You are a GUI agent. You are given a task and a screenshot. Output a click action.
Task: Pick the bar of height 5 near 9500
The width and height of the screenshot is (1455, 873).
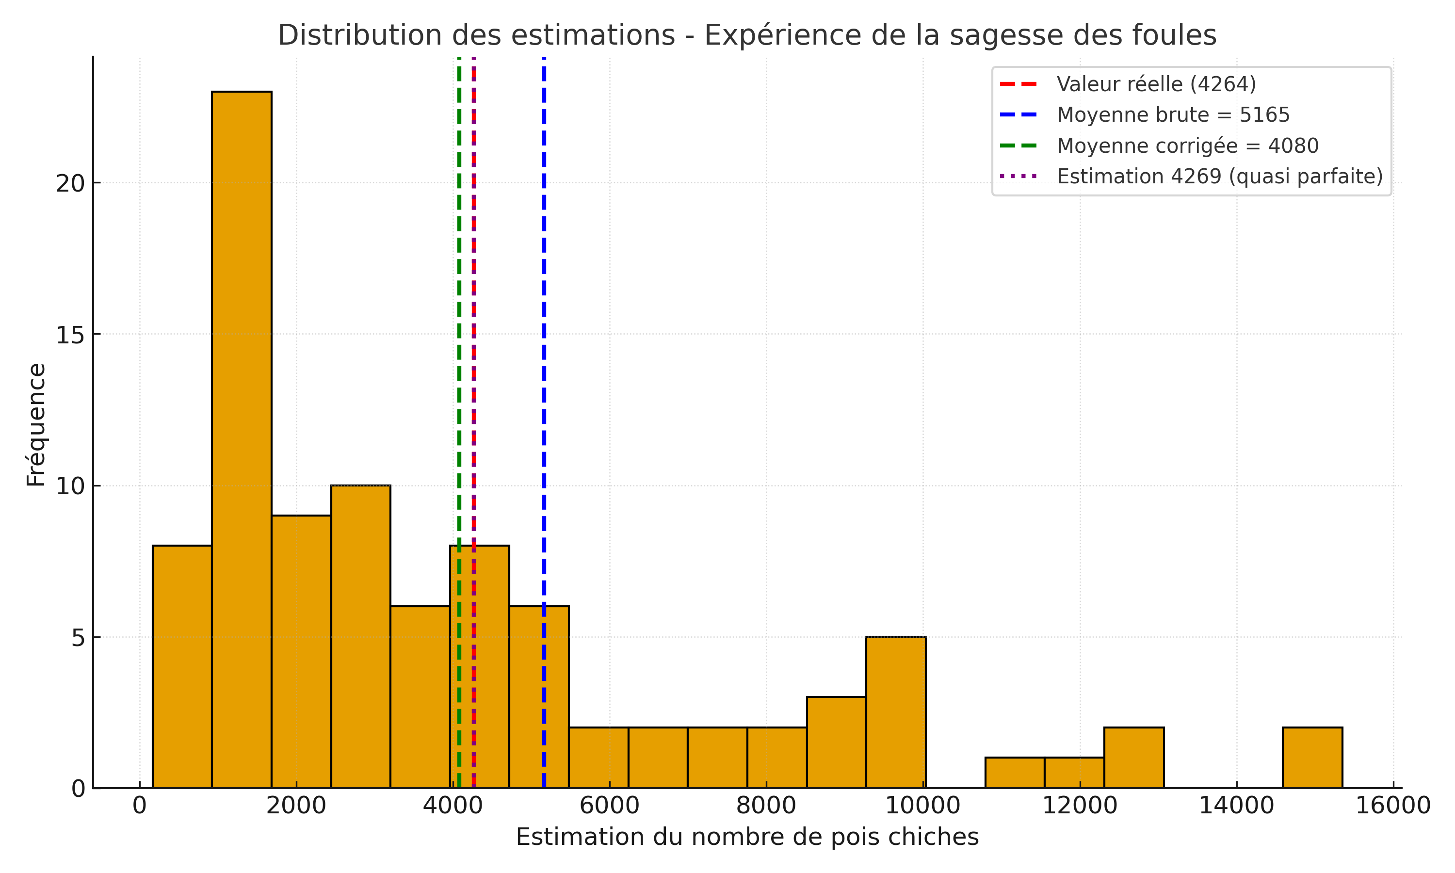pyautogui.click(x=896, y=712)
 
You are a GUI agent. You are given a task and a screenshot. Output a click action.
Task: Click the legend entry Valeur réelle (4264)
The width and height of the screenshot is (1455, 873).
pyautogui.click(x=1156, y=84)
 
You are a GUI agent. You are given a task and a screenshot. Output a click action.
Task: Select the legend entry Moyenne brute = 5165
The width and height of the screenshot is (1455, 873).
pyautogui.click(x=1173, y=115)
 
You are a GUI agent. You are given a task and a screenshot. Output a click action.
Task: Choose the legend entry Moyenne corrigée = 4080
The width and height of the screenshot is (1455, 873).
pyautogui.click(x=1187, y=146)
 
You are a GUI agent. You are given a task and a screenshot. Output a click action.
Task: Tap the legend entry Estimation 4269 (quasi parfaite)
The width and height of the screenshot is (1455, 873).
pyautogui.click(x=1219, y=177)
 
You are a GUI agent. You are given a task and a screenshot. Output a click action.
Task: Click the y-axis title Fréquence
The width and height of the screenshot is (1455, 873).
pyautogui.click(x=36, y=425)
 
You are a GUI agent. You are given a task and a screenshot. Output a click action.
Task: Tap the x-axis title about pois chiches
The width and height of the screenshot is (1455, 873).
pyautogui.click(x=747, y=837)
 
